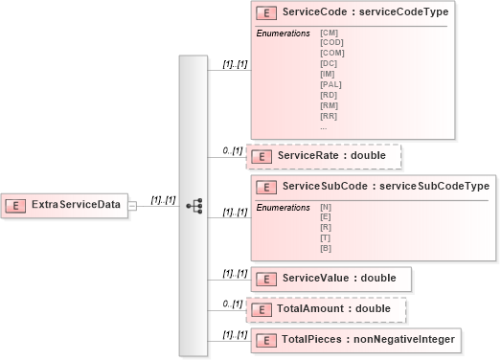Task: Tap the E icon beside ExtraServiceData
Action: [x=17, y=204]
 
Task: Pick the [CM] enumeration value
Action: [x=329, y=33]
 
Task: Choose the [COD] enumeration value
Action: [x=330, y=42]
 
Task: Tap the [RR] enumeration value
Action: [x=329, y=116]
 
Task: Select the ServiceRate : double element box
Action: [x=325, y=156]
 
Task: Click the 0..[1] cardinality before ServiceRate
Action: [x=231, y=150]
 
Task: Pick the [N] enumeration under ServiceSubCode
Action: [x=326, y=207]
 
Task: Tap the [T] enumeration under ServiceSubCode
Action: [x=326, y=238]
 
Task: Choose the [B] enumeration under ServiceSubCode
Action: [x=326, y=249]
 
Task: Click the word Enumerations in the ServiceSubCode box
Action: [x=283, y=207]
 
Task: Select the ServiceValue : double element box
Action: [x=330, y=278]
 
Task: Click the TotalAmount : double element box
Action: [x=327, y=309]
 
